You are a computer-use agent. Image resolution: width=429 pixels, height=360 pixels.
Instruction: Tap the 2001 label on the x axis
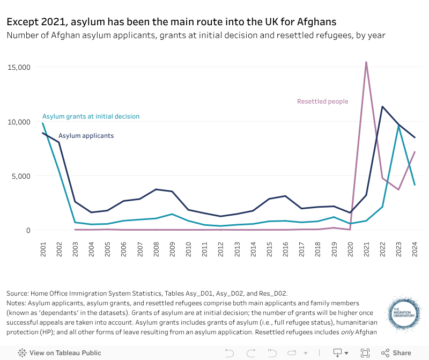pos(43,249)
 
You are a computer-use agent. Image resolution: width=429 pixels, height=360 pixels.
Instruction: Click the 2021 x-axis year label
pos(366,249)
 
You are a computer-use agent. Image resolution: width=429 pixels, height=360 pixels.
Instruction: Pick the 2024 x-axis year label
pos(415,249)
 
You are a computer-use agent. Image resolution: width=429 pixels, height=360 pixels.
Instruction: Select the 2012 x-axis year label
pos(221,249)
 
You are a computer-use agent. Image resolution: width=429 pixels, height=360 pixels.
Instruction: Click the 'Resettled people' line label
pos(322,101)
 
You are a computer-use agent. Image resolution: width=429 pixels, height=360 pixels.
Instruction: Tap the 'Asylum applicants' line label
pos(86,136)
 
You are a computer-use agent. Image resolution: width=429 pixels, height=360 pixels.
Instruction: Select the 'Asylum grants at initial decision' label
pos(91,116)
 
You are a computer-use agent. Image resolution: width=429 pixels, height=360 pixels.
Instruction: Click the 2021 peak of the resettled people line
pos(366,62)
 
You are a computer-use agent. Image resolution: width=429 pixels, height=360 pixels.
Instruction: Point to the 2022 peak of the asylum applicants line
pos(382,106)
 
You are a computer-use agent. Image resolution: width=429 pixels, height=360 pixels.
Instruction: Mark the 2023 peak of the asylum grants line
pos(398,126)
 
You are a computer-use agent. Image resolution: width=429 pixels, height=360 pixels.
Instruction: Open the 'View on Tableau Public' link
pos(60,353)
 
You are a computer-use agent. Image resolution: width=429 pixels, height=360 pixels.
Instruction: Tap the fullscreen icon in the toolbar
pos(365,353)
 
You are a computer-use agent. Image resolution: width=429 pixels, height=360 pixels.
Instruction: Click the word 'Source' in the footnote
pos(18,293)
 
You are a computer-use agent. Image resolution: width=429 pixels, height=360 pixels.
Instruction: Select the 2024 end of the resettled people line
pos(415,152)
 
